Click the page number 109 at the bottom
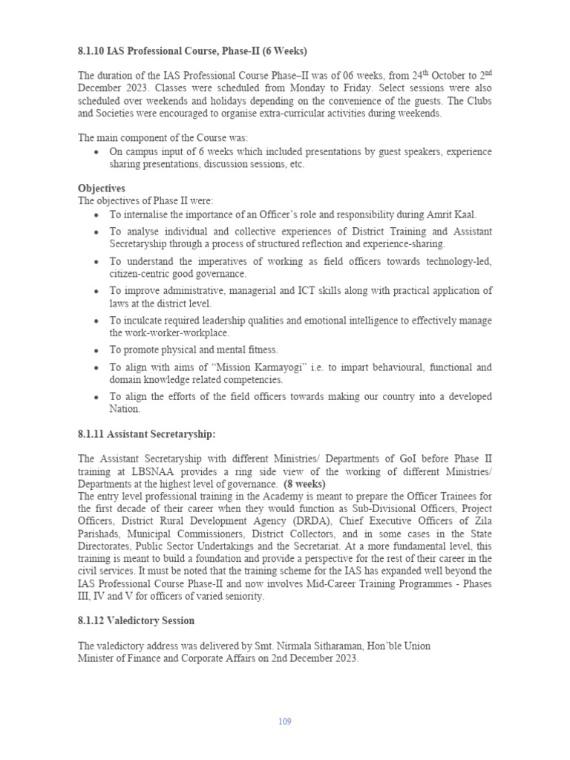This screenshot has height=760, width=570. (x=285, y=721)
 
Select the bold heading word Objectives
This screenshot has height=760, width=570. (x=102, y=189)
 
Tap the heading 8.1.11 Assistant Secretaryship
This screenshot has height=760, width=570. (x=146, y=434)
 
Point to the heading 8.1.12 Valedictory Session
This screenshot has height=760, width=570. (x=136, y=620)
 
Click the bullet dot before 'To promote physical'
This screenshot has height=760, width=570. (x=96, y=350)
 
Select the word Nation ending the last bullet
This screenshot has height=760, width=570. (x=125, y=409)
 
